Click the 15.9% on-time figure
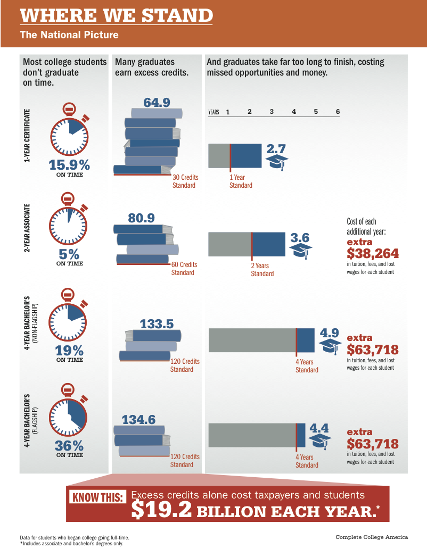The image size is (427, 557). click(x=69, y=164)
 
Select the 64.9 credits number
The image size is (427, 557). click(x=157, y=102)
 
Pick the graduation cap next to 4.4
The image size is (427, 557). click(x=321, y=441)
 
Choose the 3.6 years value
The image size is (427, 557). click(x=300, y=238)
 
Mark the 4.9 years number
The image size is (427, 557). click(x=330, y=333)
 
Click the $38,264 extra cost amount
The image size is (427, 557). click(x=373, y=253)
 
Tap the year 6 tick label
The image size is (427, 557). click(x=338, y=112)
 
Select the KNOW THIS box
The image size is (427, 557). click(x=98, y=498)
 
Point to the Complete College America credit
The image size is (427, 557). click(x=372, y=537)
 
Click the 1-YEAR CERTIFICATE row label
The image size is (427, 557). click(x=27, y=135)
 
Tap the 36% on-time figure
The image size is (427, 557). click(x=69, y=445)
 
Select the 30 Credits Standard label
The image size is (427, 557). click(x=184, y=181)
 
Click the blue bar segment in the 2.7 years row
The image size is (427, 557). click(x=246, y=156)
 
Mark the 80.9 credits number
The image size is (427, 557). click(x=142, y=218)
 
